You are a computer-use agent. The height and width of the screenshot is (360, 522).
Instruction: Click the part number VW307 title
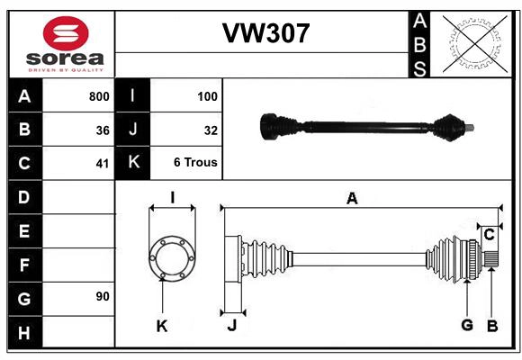click(x=265, y=34)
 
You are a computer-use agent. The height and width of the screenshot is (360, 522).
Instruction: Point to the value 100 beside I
click(x=207, y=96)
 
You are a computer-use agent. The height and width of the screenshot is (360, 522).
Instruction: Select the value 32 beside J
click(x=211, y=130)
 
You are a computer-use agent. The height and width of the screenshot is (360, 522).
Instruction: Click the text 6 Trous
click(x=195, y=163)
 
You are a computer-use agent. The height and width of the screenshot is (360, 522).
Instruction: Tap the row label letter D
click(x=24, y=196)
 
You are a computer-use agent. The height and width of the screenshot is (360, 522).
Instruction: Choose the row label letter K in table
click(x=133, y=163)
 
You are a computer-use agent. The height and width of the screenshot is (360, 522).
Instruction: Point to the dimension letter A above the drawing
click(x=352, y=199)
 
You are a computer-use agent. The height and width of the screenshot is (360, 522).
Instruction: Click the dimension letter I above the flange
click(x=172, y=198)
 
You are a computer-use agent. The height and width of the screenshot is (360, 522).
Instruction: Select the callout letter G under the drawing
click(x=467, y=325)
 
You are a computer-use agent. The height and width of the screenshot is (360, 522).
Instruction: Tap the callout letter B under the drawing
click(x=492, y=325)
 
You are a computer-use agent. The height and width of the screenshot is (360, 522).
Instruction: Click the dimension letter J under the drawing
click(x=231, y=326)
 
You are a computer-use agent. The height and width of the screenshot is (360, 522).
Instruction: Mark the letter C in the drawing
click(x=489, y=235)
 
